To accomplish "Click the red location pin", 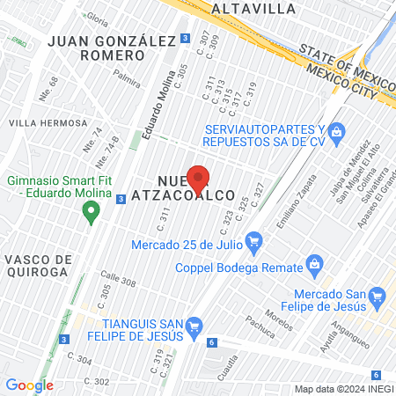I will pyautogui.click(x=199, y=179).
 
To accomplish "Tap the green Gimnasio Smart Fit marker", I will pyautogui.click(x=90, y=211).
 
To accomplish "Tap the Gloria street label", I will pyautogui.click(x=97, y=18).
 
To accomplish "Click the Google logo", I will pyautogui.click(x=29, y=385).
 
